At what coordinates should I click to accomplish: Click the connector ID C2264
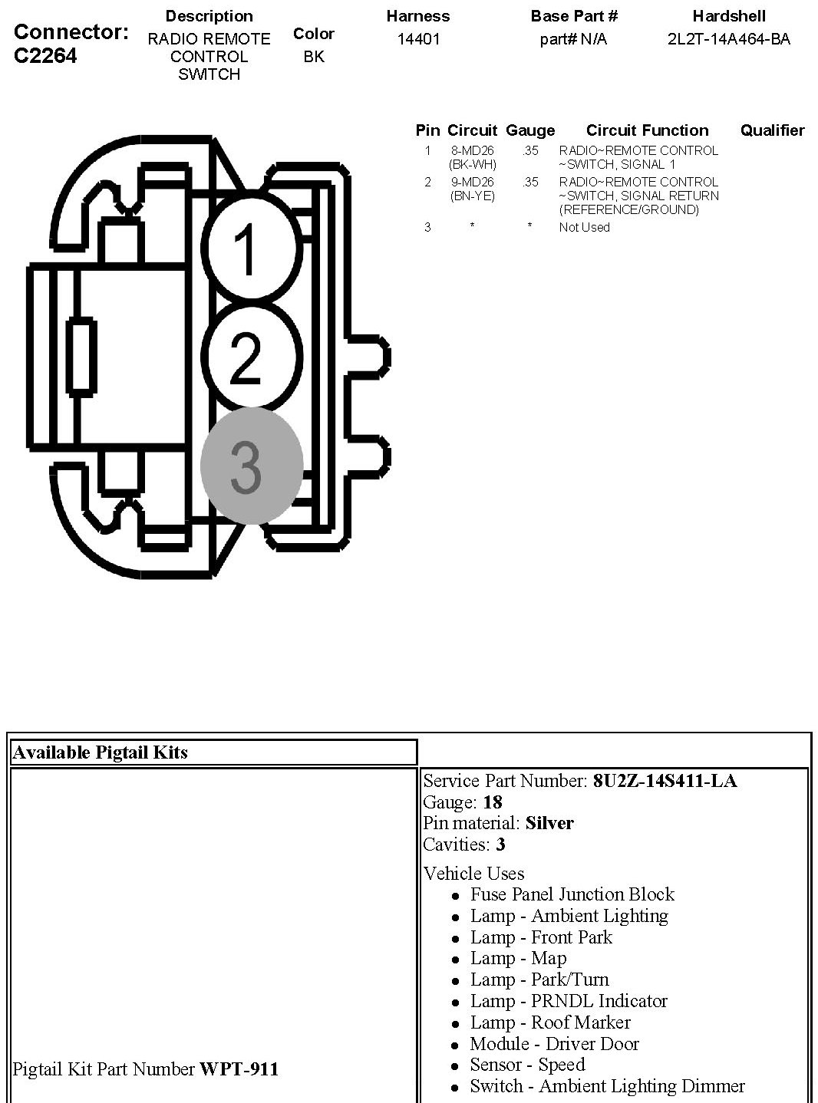[x=45, y=56]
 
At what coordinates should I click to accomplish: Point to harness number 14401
[x=418, y=39]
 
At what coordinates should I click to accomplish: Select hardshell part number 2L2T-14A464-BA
[x=728, y=39]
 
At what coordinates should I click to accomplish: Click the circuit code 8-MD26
[x=472, y=150]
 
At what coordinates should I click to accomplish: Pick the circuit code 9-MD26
[x=472, y=182]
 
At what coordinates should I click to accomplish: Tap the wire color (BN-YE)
[x=472, y=196]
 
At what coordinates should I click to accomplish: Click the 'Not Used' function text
[x=584, y=227]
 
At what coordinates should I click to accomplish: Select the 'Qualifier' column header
[x=772, y=130]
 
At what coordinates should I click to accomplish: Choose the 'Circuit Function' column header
[x=647, y=130]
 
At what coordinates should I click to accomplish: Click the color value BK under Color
[x=313, y=56]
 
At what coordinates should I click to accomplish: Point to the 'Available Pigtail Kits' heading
[x=100, y=752]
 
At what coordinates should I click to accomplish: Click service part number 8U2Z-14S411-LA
[x=665, y=781]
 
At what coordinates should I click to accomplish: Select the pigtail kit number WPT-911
[x=239, y=1068]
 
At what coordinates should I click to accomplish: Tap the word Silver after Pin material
[x=549, y=823]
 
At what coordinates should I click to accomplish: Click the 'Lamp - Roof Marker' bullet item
[x=549, y=1022]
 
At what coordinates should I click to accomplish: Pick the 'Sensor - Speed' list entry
[x=527, y=1065]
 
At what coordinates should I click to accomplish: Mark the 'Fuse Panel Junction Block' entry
[x=572, y=894]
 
